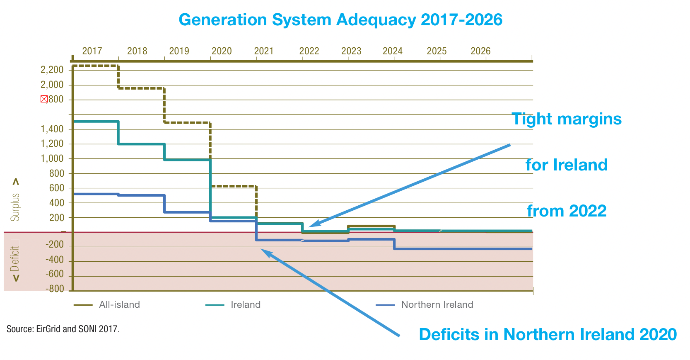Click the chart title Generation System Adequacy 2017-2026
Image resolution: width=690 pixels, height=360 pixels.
[340, 20]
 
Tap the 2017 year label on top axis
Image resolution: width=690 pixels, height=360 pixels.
[92, 51]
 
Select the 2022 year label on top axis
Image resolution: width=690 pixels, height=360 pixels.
[309, 51]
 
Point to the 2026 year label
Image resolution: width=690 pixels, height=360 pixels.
[480, 51]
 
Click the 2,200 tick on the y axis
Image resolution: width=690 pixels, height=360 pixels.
[52, 70]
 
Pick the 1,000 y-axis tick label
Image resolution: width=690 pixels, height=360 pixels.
[52, 158]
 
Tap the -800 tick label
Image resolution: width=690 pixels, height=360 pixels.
[55, 289]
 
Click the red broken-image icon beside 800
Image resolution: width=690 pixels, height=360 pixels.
[44, 99]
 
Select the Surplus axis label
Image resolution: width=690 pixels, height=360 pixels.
[15, 207]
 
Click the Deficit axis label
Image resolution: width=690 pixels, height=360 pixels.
[15, 258]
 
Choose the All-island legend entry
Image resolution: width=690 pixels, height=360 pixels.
[119, 305]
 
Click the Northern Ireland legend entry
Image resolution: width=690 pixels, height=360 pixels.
[437, 305]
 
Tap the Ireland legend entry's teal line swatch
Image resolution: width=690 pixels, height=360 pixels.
[215, 305]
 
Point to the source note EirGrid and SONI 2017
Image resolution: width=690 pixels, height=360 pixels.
[63, 329]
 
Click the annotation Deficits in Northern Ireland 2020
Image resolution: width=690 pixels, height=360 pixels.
[548, 334]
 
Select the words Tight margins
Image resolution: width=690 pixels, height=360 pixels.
[567, 119]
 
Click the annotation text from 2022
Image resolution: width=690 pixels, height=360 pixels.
[566, 211]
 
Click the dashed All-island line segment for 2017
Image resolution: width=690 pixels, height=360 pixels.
[95, 66]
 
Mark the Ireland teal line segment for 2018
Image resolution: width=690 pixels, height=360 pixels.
[142, 144]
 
